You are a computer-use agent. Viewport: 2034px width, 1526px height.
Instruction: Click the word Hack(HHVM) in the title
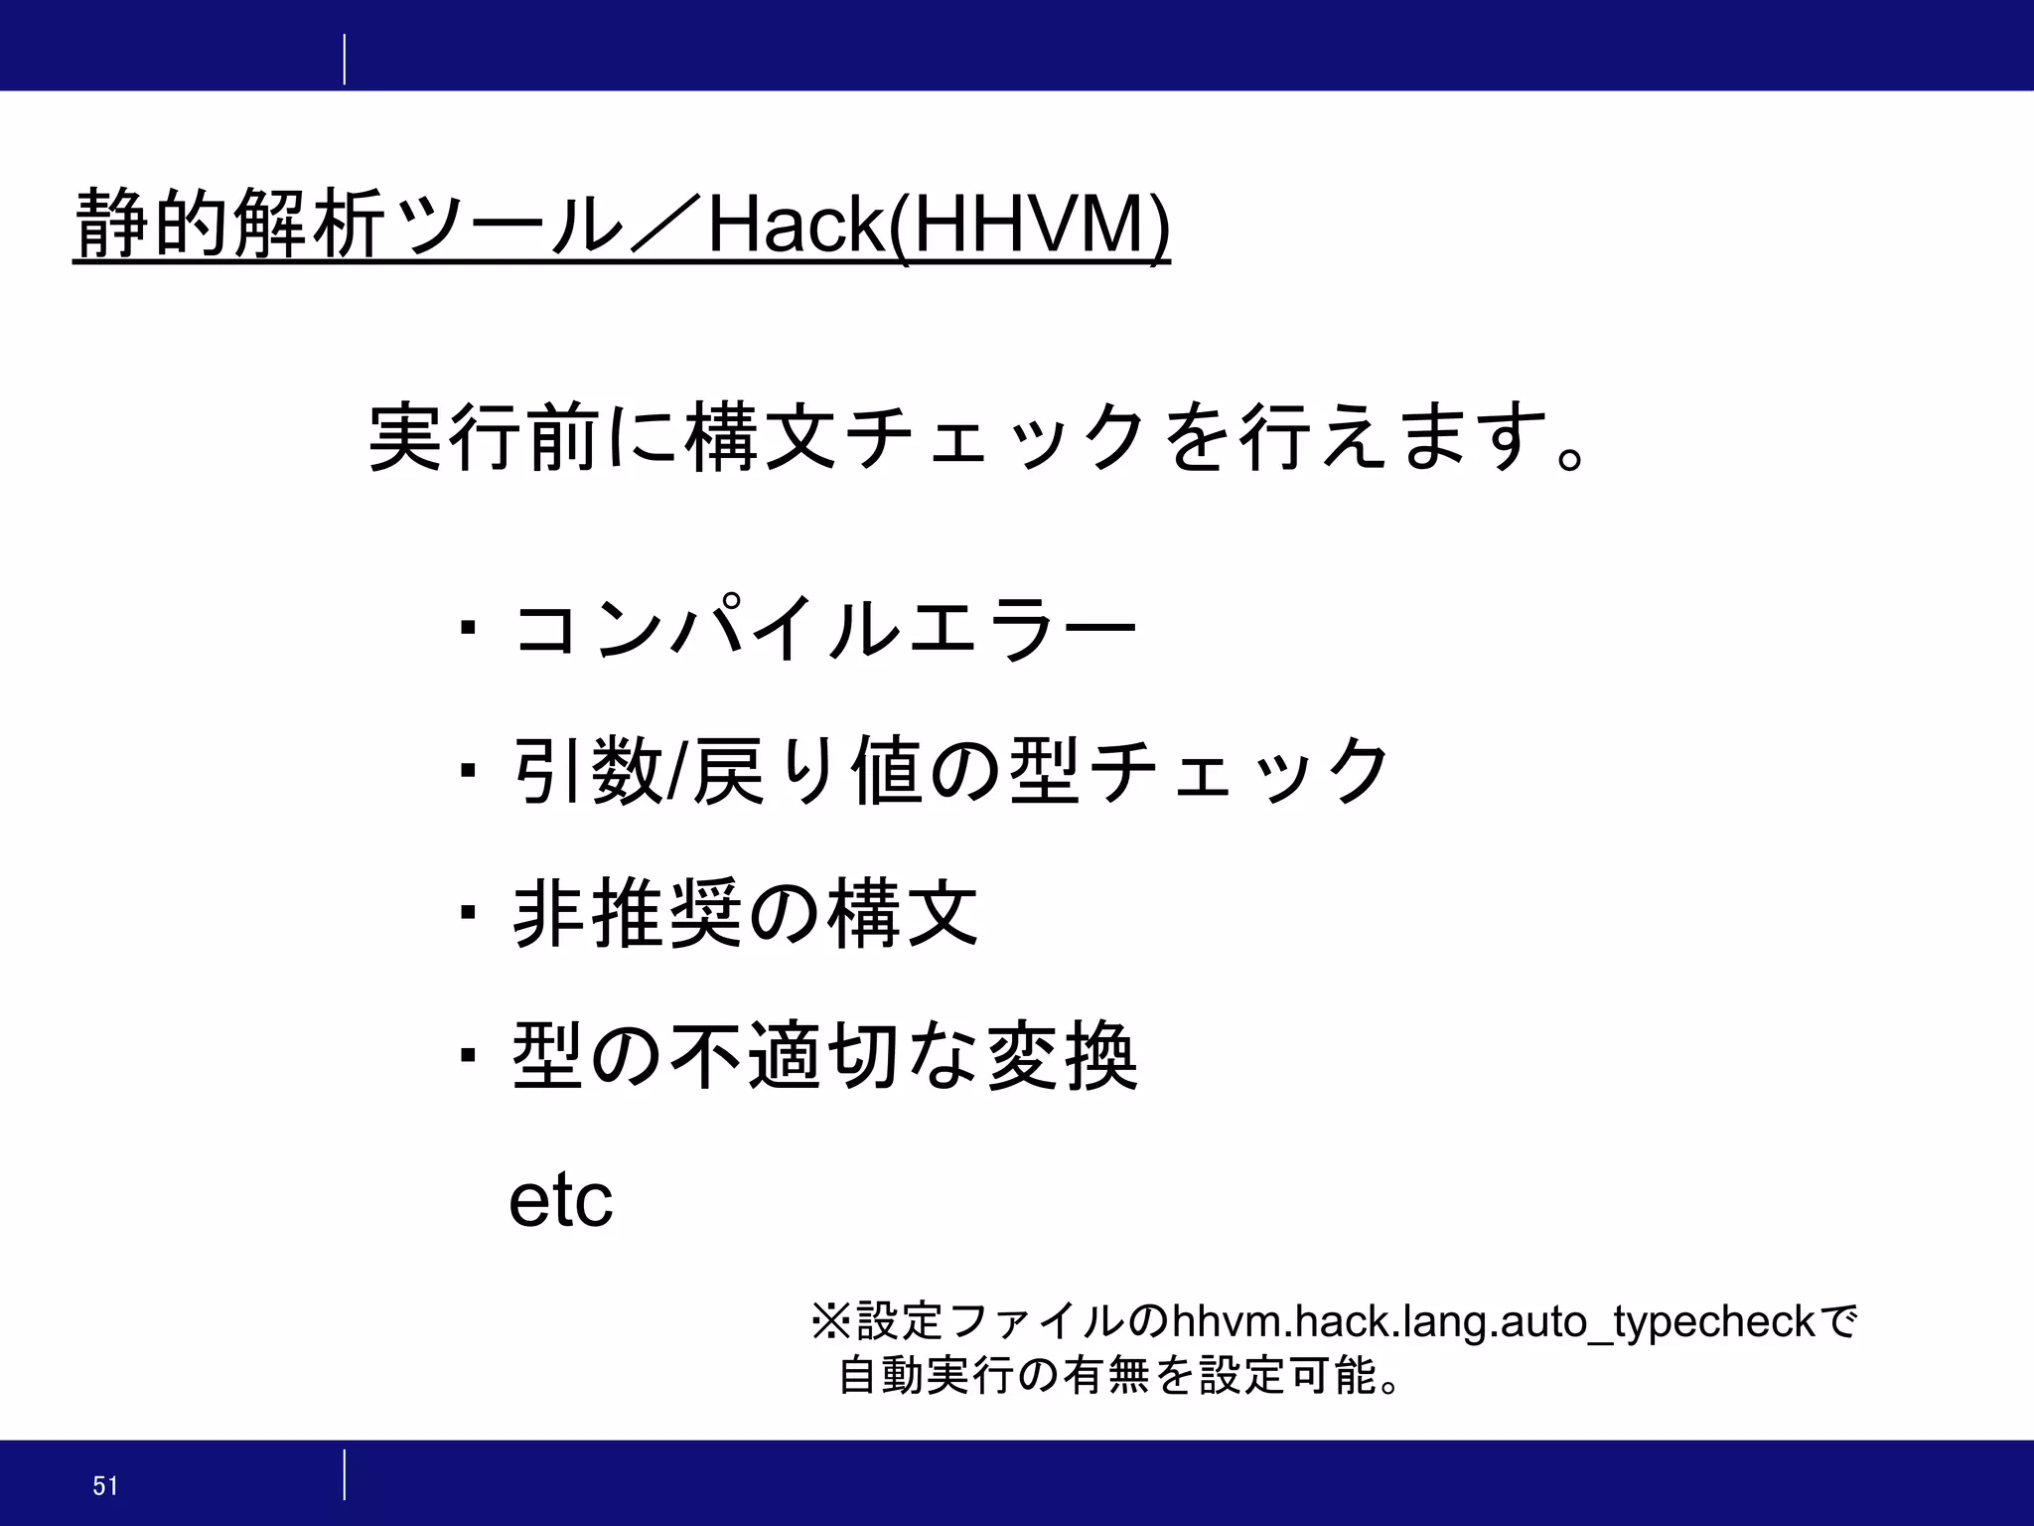[x=938, y=227]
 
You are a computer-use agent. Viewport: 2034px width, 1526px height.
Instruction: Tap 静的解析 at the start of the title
[x=228, y=225]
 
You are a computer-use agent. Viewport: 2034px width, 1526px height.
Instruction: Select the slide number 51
[x=105, y=1486]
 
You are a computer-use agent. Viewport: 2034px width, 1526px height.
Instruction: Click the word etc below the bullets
[x=561, y=1201]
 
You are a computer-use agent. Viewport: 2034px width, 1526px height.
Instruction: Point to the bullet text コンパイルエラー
[x=824, y=628]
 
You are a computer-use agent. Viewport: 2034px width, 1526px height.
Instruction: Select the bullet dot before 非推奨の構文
[x=468, y=912]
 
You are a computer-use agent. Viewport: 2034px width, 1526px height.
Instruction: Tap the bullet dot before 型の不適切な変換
[x=468, y=1054]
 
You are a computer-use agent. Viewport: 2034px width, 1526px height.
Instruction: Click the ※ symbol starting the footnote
[x=832, y=1322]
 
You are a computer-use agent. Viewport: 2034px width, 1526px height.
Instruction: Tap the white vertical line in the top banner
[x=345, y=60]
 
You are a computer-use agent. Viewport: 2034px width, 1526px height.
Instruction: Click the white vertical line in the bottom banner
[x=345, y=1474]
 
